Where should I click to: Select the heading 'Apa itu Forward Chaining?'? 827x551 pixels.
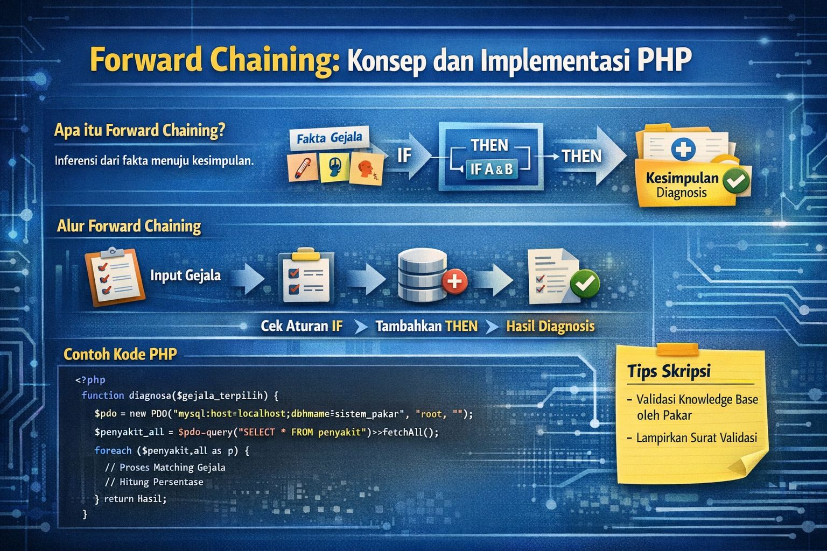pyautogui.click(x=139, y=131)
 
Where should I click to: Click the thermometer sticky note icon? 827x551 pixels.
pyautogui.click(x=302, y=167)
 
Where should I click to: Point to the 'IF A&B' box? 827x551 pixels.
pyautogui.click(x=491, y=169)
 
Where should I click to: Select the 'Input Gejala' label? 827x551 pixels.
pyautogui.click(x=185, y=275)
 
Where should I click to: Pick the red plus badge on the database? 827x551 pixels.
pyautogui.click(x=454, y=280)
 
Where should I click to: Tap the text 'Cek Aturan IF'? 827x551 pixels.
pyautogui.click(x=302, y=326)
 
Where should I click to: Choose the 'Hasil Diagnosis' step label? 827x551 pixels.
pyautogui.click(x=550, y=326)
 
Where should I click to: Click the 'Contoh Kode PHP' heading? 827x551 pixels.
pyautogui.click(x=120, y=354)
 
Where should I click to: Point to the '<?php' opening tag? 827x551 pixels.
pyautogui.click(x=90, y=380)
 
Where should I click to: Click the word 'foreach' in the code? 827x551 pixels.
pyautogui.click(x=113, y=450)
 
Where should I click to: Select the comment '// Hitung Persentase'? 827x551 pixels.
pyautogui.click(x=154, y=482)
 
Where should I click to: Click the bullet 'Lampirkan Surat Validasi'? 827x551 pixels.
pyautogui.click(x=696, y=438)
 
